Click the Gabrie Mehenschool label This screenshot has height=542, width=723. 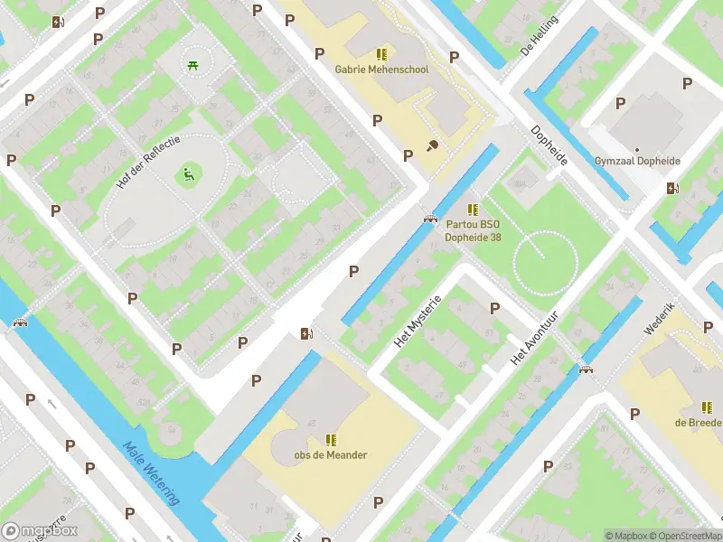pyautogui.click(x=381, y=70)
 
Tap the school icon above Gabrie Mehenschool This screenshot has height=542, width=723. pyautogui.click(x=381, y=54)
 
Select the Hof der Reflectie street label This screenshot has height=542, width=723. pyautogui.click(x=149, y=163)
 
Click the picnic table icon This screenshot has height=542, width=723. pyautogui.click(x=192, y=64)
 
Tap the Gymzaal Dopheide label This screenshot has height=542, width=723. pyautogui.click(x=637, y=162)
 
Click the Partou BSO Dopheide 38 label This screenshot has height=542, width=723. pyautogui.click(x=473, y=232)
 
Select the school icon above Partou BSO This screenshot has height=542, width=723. pyautogui.click(x=473, y=210)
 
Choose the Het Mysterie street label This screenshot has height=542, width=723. pyautogui.click(x=418, y=322)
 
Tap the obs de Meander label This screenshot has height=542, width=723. pyautogui.click(x=331, y=455)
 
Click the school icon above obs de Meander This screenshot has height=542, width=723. pyautogui.click(x=331, y=440)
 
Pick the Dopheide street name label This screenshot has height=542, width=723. pyautogui.click(x=549, y=145)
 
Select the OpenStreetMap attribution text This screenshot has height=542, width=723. pyautogui.click(x=683, y=535)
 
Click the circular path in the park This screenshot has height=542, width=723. pyautogui.click(x=545, y=261)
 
